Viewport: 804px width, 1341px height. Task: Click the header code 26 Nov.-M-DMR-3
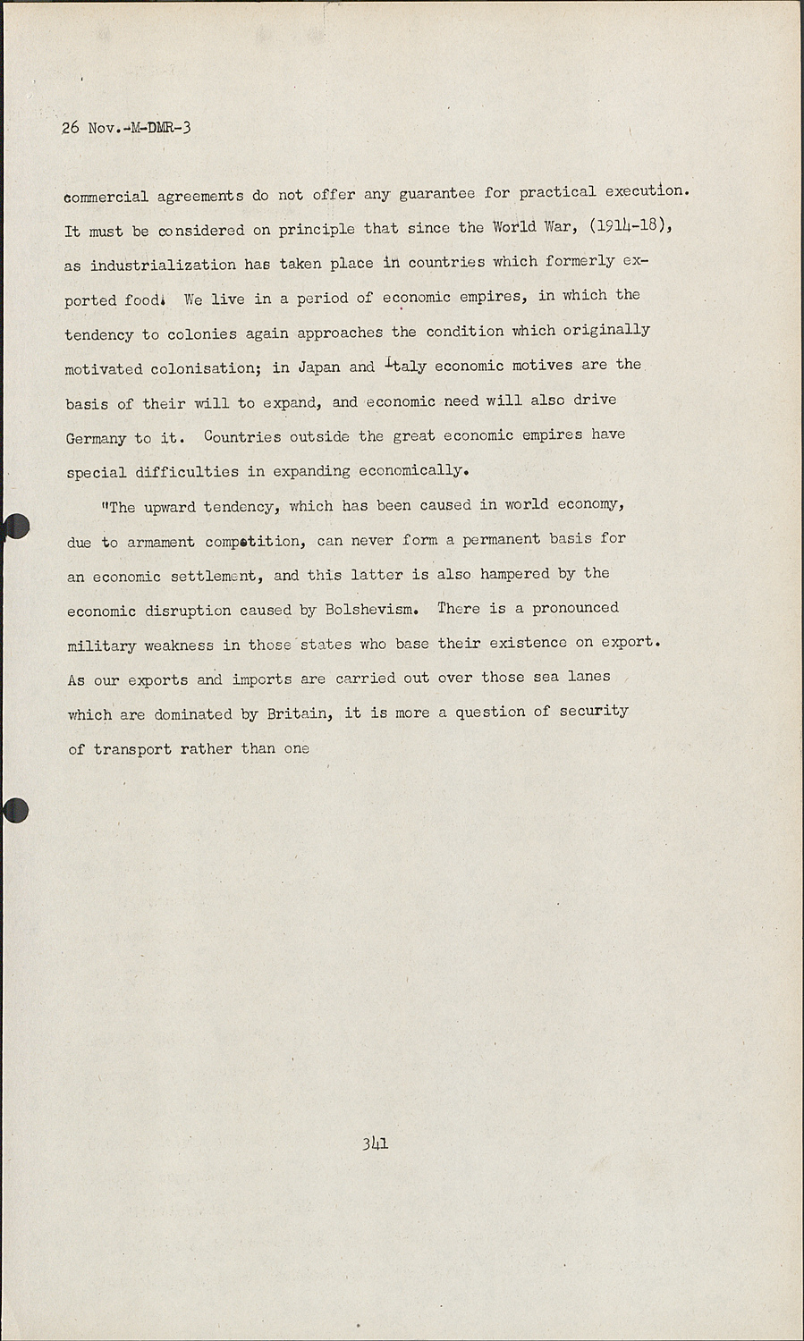coord(126,127)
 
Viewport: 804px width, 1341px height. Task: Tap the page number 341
coord(375,1143)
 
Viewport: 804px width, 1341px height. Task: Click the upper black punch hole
coord(15,527)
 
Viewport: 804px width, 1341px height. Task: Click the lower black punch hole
coord(15,810)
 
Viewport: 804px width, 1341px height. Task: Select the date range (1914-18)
coord(630,226)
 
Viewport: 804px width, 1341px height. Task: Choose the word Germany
coord(96,438)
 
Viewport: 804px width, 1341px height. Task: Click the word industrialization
coord(163,265)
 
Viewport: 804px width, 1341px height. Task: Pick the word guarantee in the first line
coord(436,193)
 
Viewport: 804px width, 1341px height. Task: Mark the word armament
coord(161,542)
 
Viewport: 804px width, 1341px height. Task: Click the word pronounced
coord(575,609)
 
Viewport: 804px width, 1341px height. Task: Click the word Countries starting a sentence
coord(241,436)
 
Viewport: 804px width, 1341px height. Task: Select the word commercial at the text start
coord(106,197)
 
